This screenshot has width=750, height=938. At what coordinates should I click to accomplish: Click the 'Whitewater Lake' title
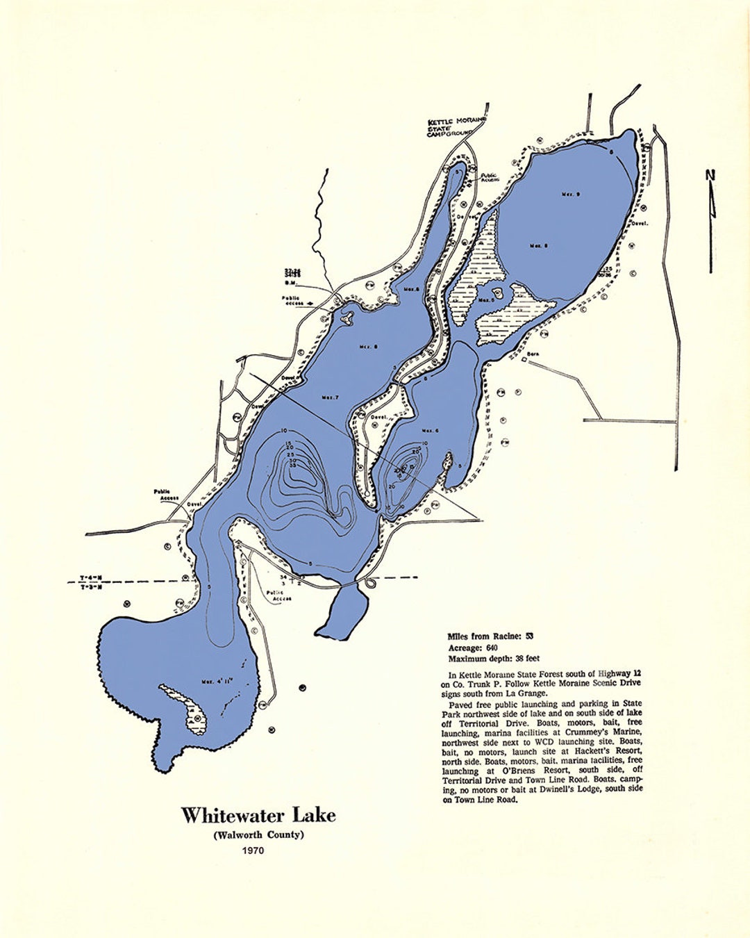pyautogui.click(x=258, y=815)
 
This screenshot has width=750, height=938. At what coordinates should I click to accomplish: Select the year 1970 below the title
pyautogui.click(x=253, y=850)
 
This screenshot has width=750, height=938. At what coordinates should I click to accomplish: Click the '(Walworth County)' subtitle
pyautogui.click(x=258, y=834)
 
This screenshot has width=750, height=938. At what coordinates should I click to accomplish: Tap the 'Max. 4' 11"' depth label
pyautogui.click(x=218, y=680)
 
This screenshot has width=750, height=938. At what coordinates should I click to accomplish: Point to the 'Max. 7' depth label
pyautogui.click(x=329, y=397)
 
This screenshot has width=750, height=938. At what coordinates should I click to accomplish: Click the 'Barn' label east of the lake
pyautogui.click(x=533, y=354)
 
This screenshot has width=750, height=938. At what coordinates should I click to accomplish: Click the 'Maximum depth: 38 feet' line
pyautogui.click(x=494, y=658)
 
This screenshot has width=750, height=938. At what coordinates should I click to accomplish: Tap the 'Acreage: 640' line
pyautogui.click(x=473, y=648)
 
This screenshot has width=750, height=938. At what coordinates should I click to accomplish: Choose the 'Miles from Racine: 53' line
pyautogui.click(x=490, y=636)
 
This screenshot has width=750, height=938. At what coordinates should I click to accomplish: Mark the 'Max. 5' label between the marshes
pyautogui.click(x=487, y=300)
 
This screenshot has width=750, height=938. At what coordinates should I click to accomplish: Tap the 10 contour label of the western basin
pyautogui.click(x=284, y=431)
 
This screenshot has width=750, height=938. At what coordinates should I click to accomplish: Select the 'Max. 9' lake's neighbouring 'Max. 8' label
pyautogui.click(x=539, y=245)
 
